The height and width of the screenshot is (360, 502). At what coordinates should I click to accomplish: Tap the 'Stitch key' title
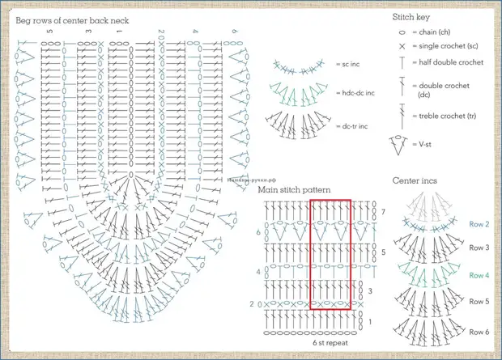pos(411,15)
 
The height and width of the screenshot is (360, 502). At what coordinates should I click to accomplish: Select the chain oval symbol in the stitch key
pos(402,32)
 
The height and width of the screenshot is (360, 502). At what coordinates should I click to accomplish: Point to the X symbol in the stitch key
pos(402,47)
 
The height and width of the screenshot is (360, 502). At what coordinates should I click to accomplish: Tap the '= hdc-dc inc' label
pos(354,94)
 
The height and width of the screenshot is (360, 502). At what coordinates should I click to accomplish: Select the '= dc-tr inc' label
pos(352,126)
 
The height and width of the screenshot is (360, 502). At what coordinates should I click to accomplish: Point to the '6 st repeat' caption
pos(331,342)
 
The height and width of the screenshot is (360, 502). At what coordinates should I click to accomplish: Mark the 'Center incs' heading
pos(415,180)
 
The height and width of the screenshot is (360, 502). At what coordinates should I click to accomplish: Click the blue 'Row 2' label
pos(479,224)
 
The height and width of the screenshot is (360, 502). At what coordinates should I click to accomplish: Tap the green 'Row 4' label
pos(479,275)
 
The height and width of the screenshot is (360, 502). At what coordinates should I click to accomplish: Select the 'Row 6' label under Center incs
pos(479,331)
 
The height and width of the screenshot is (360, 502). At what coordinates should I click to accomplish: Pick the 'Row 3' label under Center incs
pos(479,248)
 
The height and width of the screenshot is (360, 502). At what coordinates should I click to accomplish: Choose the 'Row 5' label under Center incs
pos(479,301)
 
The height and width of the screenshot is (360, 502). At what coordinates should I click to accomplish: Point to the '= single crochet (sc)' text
pos(450,47)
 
